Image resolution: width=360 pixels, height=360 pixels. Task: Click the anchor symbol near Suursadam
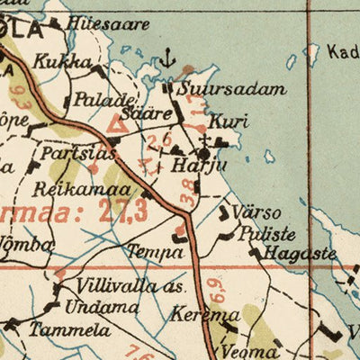click(166, 60)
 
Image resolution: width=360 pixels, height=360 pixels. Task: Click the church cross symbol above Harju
click(205, 141)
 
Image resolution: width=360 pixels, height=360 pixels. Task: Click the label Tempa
click(154, 251)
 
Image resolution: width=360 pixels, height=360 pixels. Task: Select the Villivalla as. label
click(130, 288)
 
